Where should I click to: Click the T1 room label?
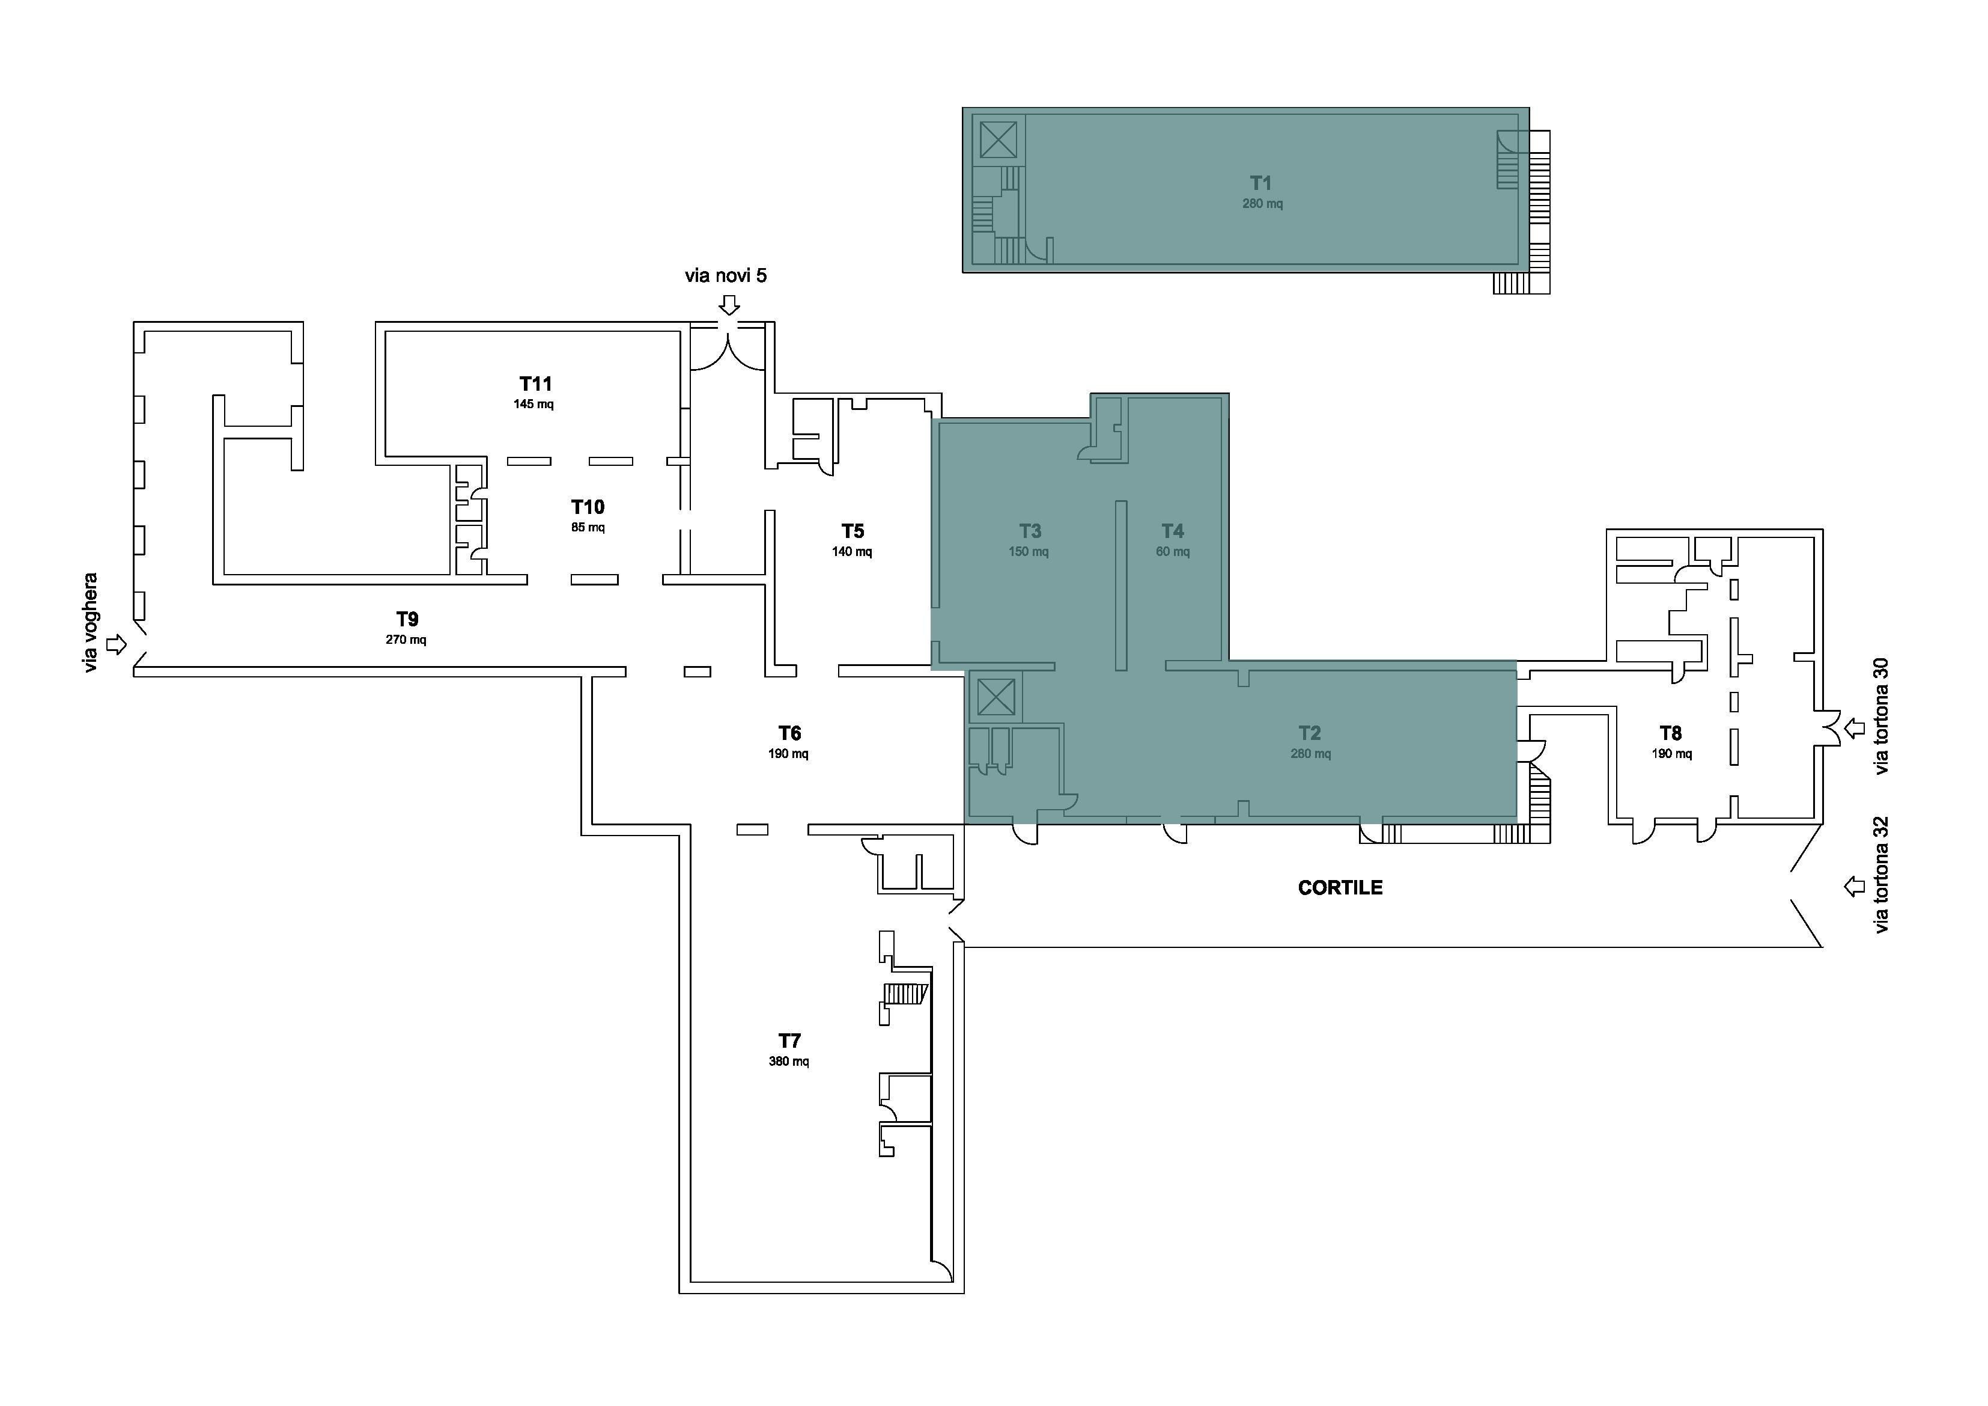[1260, 183]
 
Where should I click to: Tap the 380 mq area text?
[789, 1061]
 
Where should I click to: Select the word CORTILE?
[1340, 887]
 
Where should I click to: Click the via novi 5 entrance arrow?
[730, 305]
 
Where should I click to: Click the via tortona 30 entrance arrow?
[1854, 729]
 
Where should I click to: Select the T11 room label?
[536, 384]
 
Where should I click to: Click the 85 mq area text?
[588, 528]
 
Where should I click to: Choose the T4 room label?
[1172, 531]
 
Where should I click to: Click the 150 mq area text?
[1029, 552]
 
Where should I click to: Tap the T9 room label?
[407, 619]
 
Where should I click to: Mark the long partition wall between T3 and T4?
[1121, 585]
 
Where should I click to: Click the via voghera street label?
[91, 623]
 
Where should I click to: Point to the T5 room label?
[853, 531]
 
